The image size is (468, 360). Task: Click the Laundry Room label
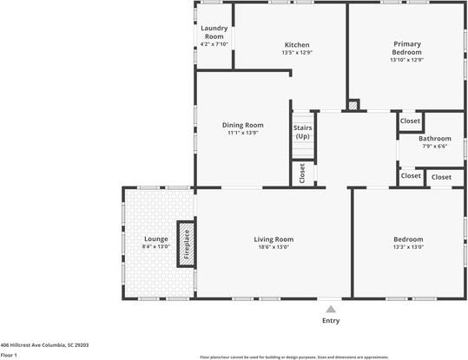pos(213,32)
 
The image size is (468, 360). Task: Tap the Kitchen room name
pos(297,45)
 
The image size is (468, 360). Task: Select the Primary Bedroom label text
pos(407,48)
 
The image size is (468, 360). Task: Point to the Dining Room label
pos(243,125)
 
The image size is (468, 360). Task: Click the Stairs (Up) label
pos(303,132)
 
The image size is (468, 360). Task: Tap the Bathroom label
pos(434,139)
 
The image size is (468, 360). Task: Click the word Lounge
pos(155,239)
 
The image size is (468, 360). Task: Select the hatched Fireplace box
pos(186,242)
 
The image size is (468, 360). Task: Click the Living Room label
pos(274,239)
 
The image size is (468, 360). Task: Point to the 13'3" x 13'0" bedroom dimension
pos(407,247)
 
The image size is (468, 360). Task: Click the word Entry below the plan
pos(330,321)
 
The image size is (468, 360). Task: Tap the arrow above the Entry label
pos(330,309)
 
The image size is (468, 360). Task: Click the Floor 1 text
pos(10,355)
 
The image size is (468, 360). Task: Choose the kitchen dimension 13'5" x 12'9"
pos(297,53)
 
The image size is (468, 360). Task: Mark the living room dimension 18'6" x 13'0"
pos(274,247)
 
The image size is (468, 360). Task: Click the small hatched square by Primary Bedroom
pos(353,106)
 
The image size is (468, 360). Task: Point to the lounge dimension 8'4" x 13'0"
pos(155,247)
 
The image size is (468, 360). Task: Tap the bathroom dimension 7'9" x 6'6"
pos(434,147)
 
